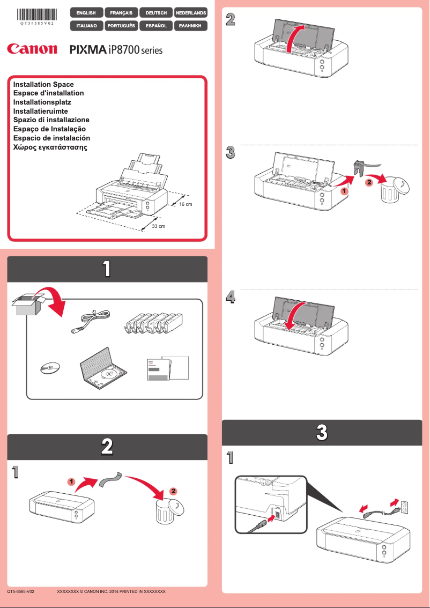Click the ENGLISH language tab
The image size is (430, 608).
point(86,12)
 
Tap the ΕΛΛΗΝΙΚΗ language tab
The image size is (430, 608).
point(191,25)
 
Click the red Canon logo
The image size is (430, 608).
point(32,49)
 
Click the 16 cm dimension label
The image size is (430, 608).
point(186,205)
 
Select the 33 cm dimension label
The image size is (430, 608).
point(159,226)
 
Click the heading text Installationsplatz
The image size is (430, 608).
point(42,102)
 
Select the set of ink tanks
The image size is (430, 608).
point(153,323)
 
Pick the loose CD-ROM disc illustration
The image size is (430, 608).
point(49,368)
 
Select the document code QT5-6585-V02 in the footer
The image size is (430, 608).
point(21,591)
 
